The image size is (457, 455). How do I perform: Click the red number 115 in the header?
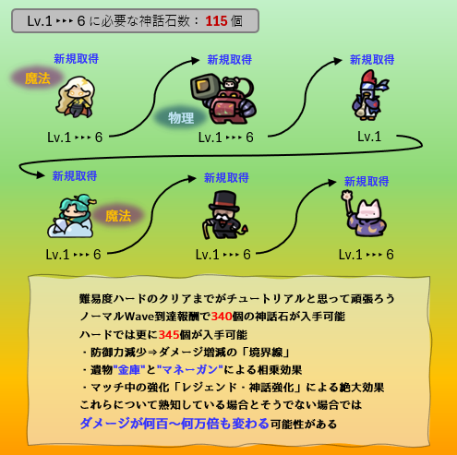[x=216, y=21]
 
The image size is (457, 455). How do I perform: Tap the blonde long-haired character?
[x=76, y=97]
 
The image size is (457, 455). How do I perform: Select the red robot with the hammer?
[x=223, y=99]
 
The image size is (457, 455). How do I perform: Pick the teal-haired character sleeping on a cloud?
[x=71, y=216]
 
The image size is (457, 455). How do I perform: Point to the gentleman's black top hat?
[x=224, y=201]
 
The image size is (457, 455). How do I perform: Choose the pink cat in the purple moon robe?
[x=365, y=214]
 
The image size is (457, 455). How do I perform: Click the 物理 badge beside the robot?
[x=181, y=118]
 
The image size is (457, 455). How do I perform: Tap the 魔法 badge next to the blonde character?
[x=38, y=78]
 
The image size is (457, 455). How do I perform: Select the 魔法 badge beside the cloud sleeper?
[x=118, y=216]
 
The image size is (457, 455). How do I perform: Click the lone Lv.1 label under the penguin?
[x=369, y=137]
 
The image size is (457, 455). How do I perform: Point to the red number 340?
[x=222, y=317]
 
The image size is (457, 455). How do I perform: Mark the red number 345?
[x=169, y=334]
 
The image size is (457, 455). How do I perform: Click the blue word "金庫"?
[x=129, y=369]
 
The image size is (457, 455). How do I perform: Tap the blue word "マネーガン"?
[x=190, y=369]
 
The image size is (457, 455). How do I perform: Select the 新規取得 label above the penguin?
[x=372, y=60]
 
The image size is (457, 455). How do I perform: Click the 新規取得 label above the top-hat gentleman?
[x=226, y=178]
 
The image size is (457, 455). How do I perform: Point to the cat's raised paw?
[x=347, y=196]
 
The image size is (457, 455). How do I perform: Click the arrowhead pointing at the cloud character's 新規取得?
[x=41, y=175]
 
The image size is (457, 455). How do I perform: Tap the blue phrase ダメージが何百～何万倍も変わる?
[x=174, y=424]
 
